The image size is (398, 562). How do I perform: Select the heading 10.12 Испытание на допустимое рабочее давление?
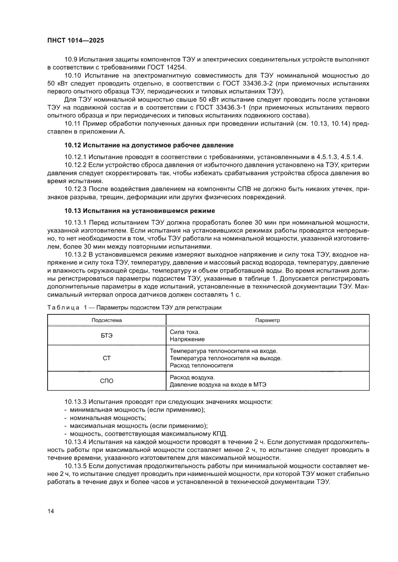(x=149, y=145)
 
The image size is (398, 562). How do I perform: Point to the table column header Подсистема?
(x=107, y=320)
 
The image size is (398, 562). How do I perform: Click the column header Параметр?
(x=268, y=320)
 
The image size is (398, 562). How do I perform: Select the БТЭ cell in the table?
(x=107, y=336)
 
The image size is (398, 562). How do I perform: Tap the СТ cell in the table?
(x=107, y=358)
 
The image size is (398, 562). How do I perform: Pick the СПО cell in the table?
(x=107, y=381)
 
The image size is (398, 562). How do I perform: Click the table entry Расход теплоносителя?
(x=202, y=365)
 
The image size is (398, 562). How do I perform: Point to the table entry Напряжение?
(x=187, y=339)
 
